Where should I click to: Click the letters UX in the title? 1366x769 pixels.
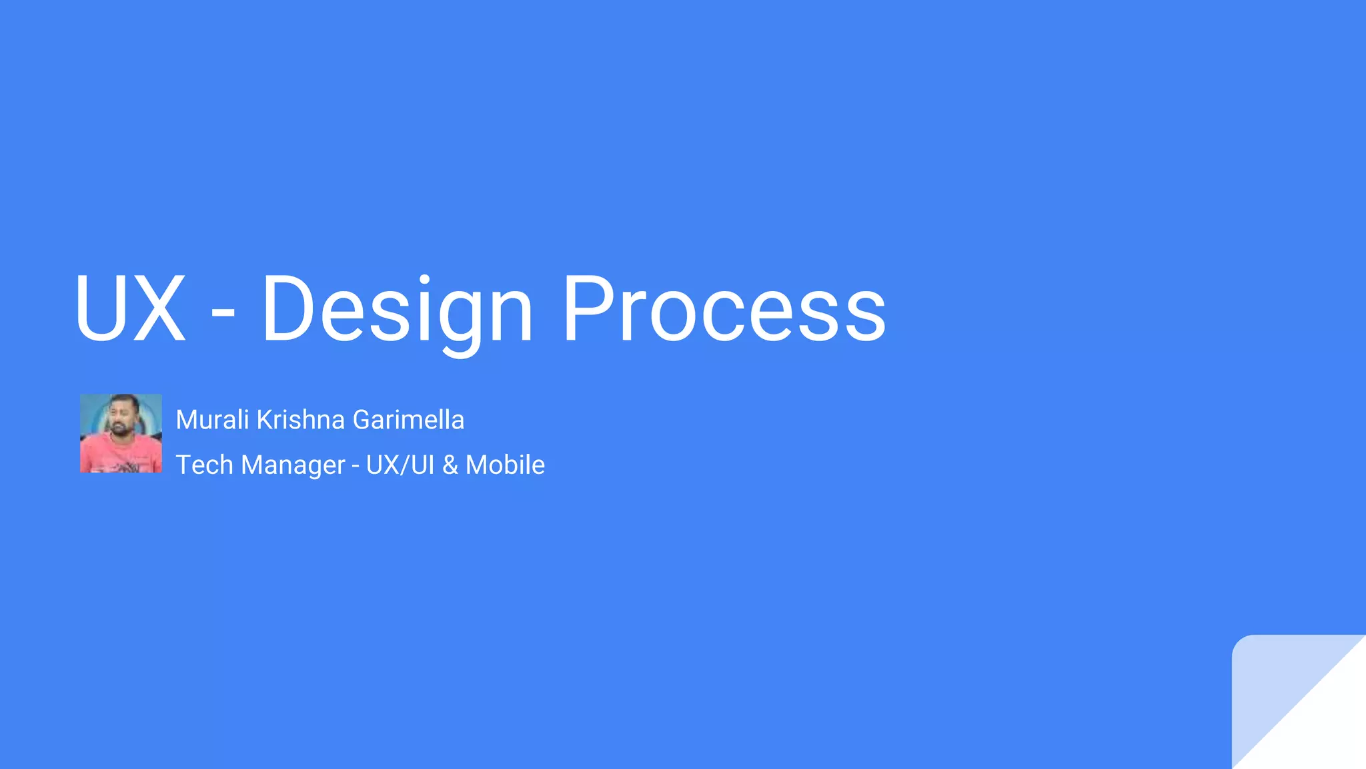coord(130,308)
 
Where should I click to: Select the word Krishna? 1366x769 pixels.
coord(301,420)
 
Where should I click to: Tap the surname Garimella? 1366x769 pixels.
coord(408,420)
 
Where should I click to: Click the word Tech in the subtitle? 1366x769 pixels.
coord(204,465)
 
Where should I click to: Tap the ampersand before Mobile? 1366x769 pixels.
coord(450,465)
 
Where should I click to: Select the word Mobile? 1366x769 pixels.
coord(505,465)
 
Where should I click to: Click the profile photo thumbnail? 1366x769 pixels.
coord(121,433)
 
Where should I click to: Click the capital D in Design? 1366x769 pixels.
coord(288,308)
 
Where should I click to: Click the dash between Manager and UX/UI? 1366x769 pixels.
coord(356,466)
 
